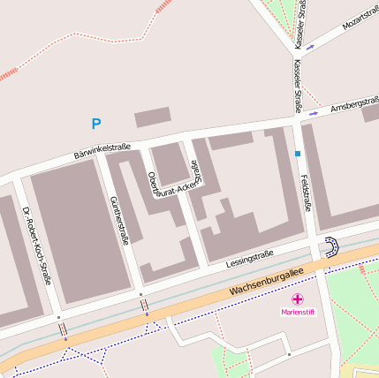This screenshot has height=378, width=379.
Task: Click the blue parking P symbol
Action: [96, 124]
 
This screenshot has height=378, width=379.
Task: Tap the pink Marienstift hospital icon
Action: [298, 299]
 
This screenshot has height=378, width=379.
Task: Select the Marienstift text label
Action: [298, 312]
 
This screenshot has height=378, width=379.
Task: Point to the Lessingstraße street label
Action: [249, 258]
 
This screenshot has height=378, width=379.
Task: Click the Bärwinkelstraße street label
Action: [102, 151]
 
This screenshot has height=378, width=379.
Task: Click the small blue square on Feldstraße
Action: [298, 154]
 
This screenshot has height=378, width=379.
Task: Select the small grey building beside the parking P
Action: [152, 117]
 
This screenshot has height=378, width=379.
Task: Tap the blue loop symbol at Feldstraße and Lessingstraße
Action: [330, 246]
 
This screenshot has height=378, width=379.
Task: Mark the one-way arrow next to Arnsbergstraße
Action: [313, 112]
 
